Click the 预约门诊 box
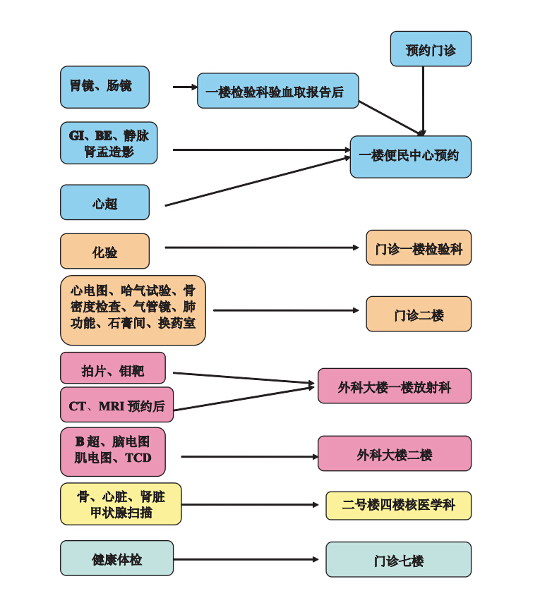point(431,49)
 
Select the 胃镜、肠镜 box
point(104,87)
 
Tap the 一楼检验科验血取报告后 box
point(277,91)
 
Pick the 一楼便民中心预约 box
point(410,156)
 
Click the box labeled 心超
point(104,203)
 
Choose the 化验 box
point(104,251)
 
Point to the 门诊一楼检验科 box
point(418,248)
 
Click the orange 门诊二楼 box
point(418,314)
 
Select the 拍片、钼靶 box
point(113,369)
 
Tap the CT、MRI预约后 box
point(116,405)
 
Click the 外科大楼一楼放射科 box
point(394,386)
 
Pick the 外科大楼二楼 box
point(394,453)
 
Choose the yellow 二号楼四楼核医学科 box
point(398,506)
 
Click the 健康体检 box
point(116,559)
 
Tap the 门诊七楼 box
point(398,560)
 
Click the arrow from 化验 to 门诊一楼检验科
point(261,248)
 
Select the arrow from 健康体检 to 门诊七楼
point(247,559)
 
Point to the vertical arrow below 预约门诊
point(423,99)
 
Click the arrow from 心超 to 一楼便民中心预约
point(258,181)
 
